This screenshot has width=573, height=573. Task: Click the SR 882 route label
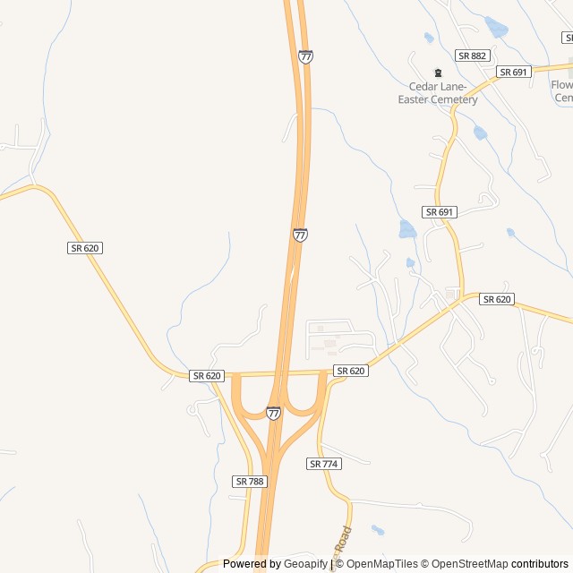tap(472, 56)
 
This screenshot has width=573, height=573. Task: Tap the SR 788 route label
tap(250, 481)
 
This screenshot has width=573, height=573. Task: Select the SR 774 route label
tap(324, 464)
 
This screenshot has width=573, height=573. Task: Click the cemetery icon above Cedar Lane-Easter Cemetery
tap(438, 73)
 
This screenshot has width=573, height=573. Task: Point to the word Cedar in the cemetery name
tap(425, 86)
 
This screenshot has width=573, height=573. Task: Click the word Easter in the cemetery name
tap(416, 98)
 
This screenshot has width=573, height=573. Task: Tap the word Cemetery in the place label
tap(458, 98)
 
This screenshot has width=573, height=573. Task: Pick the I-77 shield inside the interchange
tap(273, 413)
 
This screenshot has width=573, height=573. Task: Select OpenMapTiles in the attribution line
tap(382, 564)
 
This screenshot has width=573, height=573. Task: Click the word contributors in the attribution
tap(540, 564)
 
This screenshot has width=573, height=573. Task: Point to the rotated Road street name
tap(344, 543)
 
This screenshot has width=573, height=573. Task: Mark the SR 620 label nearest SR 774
tap(351, 371)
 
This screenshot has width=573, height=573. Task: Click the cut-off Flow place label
tap(561, 85)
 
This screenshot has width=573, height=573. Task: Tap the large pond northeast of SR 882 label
tap(495, 27)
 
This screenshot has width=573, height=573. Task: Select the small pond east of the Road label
tap(378, 530)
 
